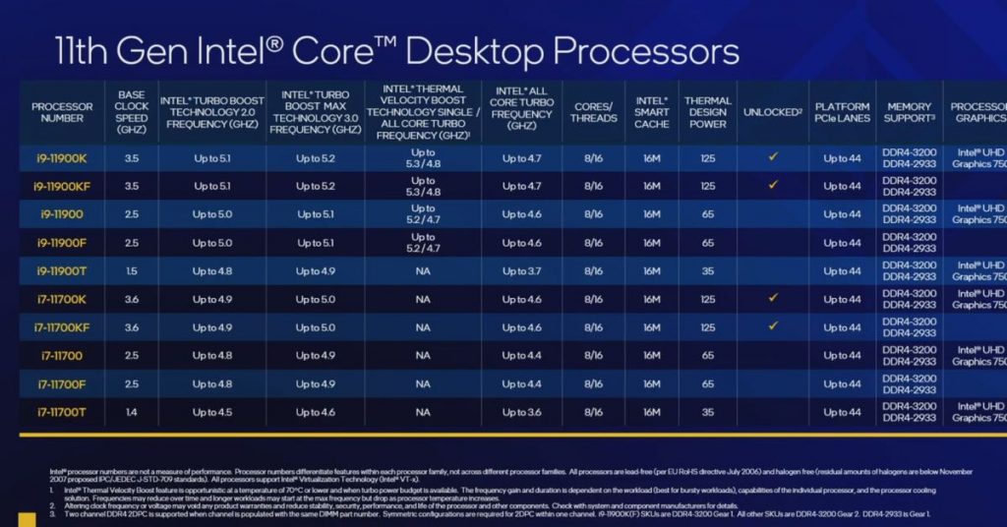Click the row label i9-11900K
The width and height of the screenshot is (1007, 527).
[62, 157]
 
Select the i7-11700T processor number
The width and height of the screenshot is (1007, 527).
[62, 412]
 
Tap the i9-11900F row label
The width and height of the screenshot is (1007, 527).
[62, 243]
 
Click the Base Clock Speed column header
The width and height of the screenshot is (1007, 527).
[132, 112]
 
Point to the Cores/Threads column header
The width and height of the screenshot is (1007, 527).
[594, 112]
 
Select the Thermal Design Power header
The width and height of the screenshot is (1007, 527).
[707, 112]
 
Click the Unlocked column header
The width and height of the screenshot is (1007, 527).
[772, 112]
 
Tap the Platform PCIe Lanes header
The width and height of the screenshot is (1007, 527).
[842, 112]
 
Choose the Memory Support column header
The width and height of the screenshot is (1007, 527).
[909, 112]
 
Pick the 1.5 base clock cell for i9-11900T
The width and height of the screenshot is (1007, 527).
[132, 270]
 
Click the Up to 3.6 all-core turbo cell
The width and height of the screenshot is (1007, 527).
[521, 412]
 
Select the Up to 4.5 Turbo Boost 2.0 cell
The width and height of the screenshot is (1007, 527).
[212, 412]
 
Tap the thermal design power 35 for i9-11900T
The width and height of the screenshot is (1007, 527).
[707, 270]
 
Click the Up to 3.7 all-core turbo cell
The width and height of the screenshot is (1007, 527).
[521, 270]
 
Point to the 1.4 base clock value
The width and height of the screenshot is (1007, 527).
[132, 412]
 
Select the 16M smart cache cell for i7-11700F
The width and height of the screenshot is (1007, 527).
[651, 384]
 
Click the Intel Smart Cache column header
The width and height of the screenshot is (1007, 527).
[651, 112]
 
